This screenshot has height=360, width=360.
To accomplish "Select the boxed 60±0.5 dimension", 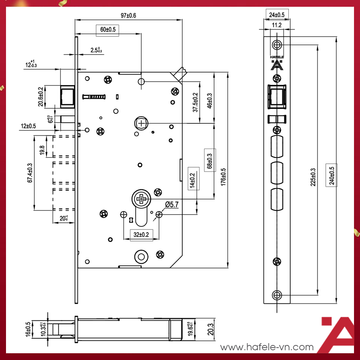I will click(107, 30).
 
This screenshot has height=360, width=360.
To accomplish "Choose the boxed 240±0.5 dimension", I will click(332, 175).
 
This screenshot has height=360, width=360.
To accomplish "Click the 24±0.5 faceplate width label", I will click(277, 15).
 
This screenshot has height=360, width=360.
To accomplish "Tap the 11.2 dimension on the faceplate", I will click(277, 25).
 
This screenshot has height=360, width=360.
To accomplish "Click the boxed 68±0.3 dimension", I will click(209, 160).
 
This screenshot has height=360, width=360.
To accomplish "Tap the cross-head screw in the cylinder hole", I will click(141, 198).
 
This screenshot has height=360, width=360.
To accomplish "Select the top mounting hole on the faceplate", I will click(277, 45).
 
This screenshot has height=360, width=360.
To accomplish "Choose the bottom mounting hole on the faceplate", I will click(277, 295).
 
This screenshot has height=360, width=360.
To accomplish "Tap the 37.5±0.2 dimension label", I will click(195, 102).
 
